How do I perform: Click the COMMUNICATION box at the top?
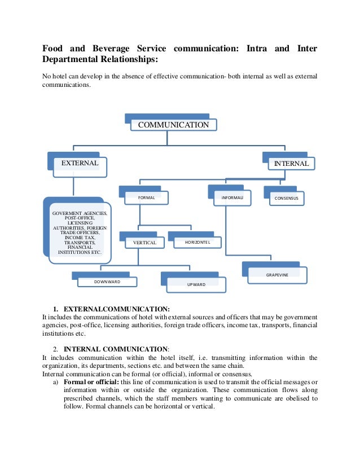[173, 124]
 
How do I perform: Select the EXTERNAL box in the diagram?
[79, 163]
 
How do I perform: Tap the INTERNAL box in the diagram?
[291, 163]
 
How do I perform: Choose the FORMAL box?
[146, 198]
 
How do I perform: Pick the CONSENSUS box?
[287, 199]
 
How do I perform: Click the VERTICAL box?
[141, 243]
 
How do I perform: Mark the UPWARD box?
[196, 284]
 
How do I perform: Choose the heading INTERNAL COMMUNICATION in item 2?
[116, 349]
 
